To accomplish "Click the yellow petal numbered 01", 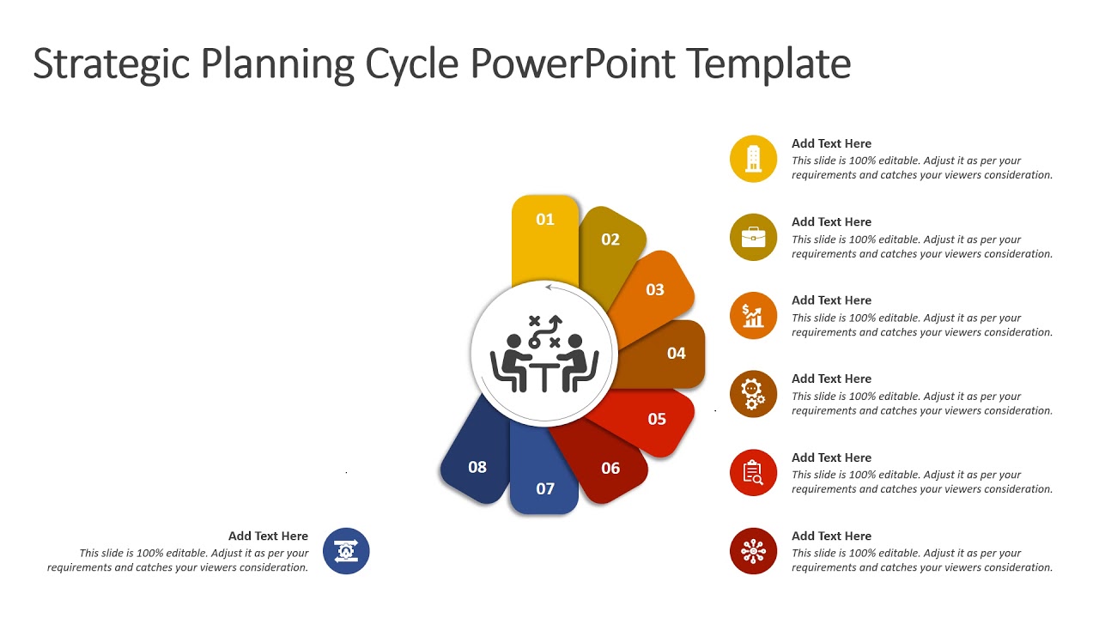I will click(545, 236).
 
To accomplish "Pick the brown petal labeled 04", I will click(674, 353).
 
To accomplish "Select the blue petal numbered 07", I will click(544, 481).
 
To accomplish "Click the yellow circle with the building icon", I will click(753, 159).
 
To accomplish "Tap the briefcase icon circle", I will click(753, 237).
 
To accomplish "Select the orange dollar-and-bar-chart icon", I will click(753, 316).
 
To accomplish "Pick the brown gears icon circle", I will click(753, 394).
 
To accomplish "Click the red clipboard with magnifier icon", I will click(753, 473).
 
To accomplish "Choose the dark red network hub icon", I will click(753, 551).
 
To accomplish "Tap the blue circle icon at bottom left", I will click(346, 551).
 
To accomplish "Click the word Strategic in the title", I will click(110, 64).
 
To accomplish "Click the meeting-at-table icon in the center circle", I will click(543, 354).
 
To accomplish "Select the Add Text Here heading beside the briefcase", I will click(831, 222).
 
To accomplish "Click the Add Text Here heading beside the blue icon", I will click(268, 536).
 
